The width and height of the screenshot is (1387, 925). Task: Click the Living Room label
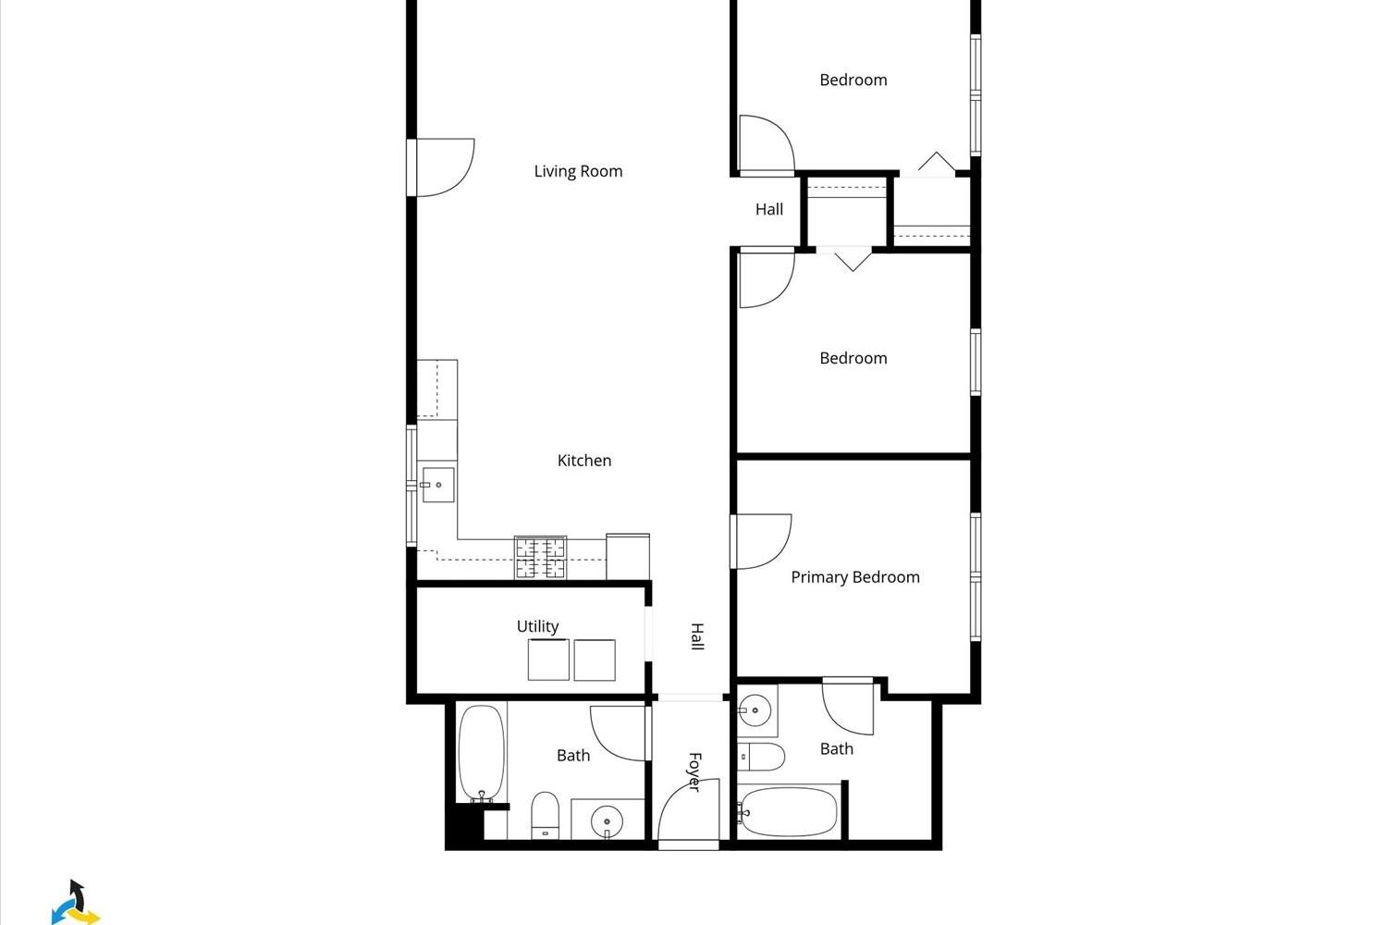pyautogui.click(x=578, y=171)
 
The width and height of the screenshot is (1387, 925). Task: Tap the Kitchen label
pyautogui.click(x=583, y=461)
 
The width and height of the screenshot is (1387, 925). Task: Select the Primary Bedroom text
pyautogui.click(x=855, y=577)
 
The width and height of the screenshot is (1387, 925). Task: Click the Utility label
pyautogui.click(x=537, y=626)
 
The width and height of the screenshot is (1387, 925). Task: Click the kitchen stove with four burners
pyautogui.click(x=541, y=558)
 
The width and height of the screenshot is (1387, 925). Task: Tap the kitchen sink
pyautogui.click(x=437, y=485)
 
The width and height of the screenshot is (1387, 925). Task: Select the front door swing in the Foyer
pyautogui.click(x=689, y=809)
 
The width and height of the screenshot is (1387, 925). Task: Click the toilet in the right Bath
pyautogui.click(x=761, y=757)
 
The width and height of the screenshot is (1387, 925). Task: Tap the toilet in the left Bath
pyautogui.click(x=545, y=815)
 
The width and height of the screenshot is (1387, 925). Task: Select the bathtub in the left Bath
pyautogui.click(x=482, y=753)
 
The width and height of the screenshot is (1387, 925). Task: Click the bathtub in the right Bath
pyautogui.click(x=788, y=811)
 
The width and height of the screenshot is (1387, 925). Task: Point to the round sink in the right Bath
pyautogui.click(x=755, y=710)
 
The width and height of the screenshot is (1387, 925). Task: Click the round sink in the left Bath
pyautogui.click(x=607, y=822)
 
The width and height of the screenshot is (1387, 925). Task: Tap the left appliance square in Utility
pyautogui.click(x=548, y=660)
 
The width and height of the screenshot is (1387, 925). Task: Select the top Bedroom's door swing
pyautogui.click(x=767, y=143)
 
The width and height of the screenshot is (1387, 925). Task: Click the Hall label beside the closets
pyautogui.click(x=769, y=209)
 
